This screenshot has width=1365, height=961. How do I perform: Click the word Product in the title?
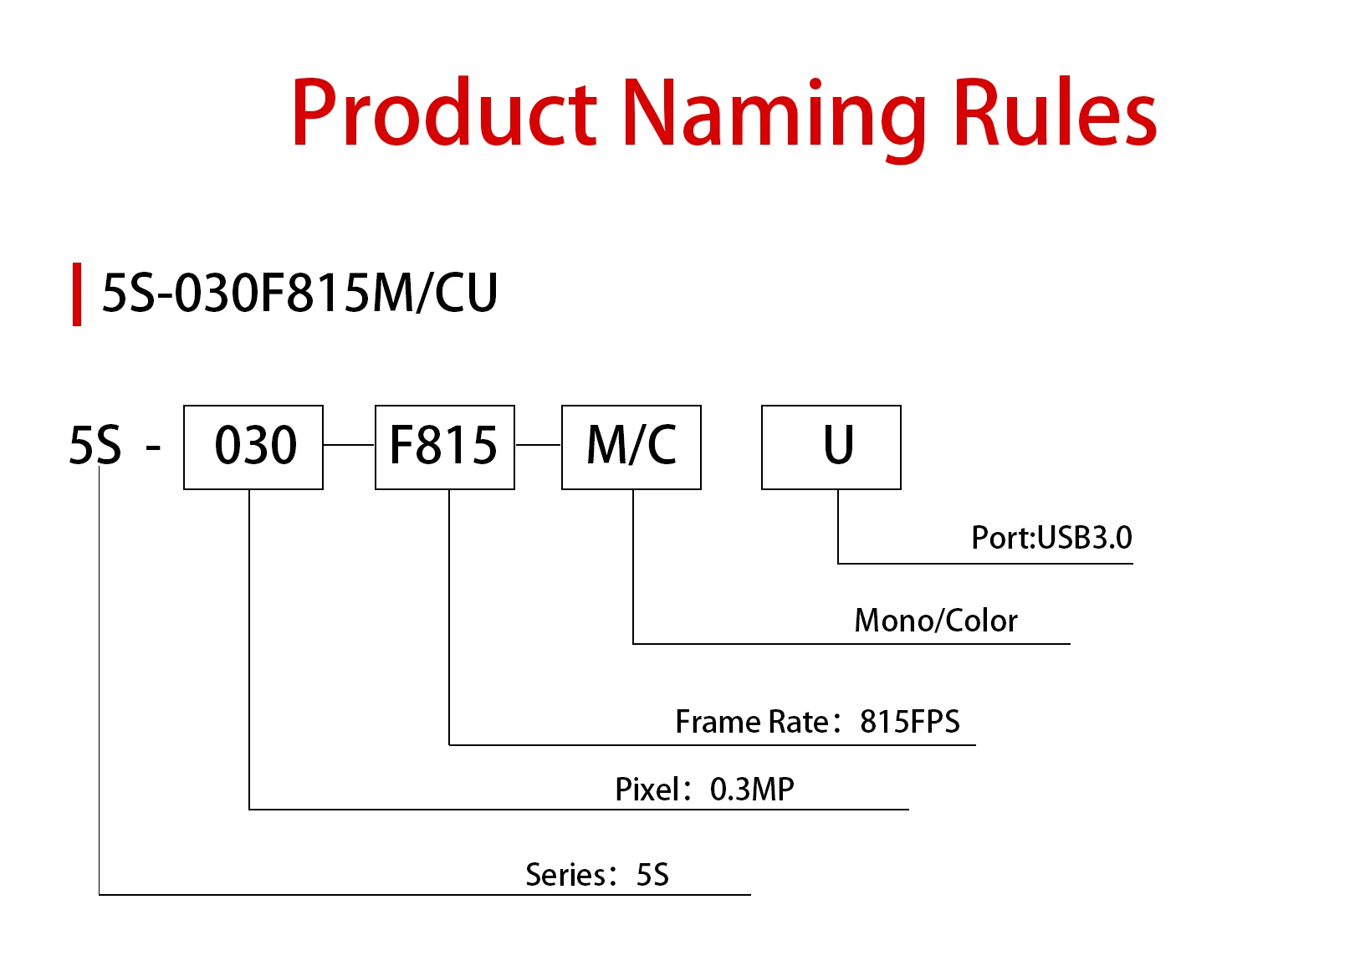[x=443, y=113]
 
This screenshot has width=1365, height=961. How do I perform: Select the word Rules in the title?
[x=1054, y=113]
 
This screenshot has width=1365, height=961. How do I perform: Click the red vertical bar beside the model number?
[x=77, y=294]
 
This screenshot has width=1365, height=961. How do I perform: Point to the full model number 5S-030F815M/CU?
[x=299, y=294]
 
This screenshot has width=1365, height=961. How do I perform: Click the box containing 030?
[x=253, y=447]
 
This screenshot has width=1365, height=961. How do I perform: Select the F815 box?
[x=444, y=447]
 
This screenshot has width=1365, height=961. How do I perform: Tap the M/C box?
[x=631, y=447]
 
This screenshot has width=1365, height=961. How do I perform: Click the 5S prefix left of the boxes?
[x=95, y=445]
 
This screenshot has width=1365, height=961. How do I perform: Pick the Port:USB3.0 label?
[x=1051, y=538]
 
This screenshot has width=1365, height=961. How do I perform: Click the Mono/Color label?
[x=936, y=621]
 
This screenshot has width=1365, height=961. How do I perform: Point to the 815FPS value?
[x=910, y=721]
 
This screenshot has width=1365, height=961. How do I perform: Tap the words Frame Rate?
[x=752, y=721]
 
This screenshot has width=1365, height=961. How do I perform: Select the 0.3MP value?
[x=752, y=789]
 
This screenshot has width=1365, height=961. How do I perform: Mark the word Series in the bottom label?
[x=565, y=875]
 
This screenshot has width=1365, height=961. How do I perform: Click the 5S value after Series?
[x=652, y=875]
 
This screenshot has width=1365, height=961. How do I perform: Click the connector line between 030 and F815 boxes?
[x=349, y=445]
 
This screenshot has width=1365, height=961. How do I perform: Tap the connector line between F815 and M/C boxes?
[x=538, y=445]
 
